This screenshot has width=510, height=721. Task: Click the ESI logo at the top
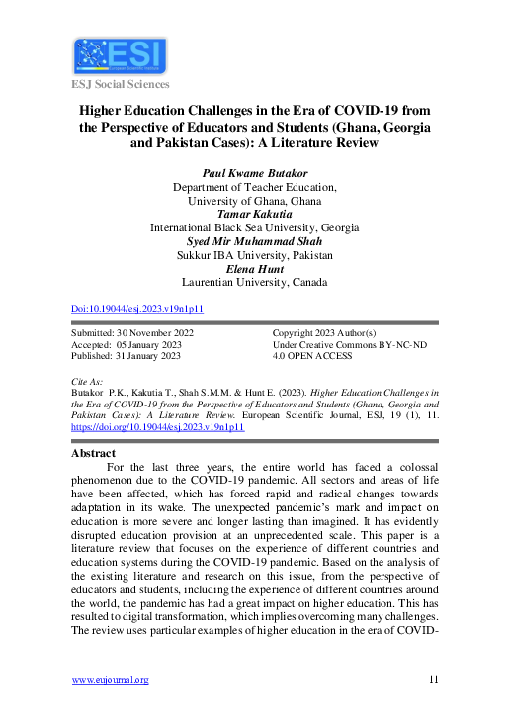point(120,56)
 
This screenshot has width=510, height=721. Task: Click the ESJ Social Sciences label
point(120,84)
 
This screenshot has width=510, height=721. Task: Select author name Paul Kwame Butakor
point(255,172)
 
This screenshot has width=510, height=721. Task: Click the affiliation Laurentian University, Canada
point(255,282)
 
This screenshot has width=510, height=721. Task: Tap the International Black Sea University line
point(255,226)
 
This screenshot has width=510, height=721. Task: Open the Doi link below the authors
point(138,308)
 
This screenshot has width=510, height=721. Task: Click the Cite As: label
point(89,379)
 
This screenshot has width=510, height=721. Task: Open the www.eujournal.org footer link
point(111,679)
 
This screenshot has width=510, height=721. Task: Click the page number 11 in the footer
point(434,679)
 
